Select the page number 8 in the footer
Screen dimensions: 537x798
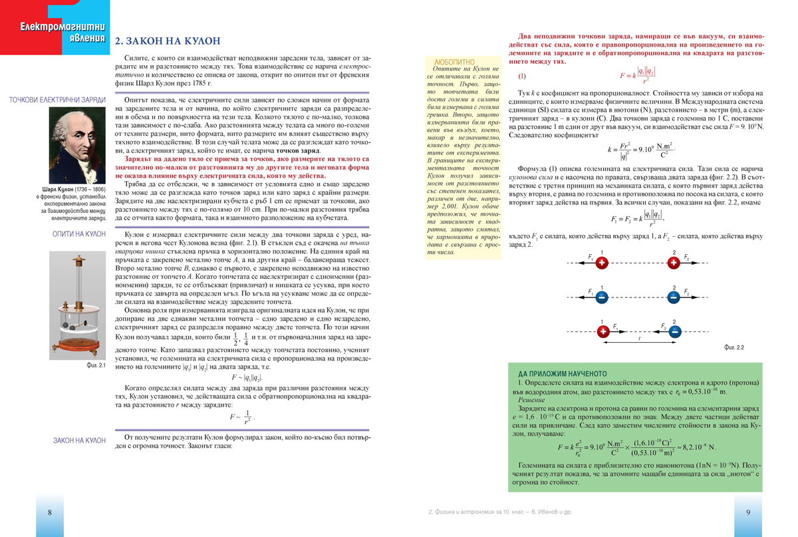pos(50,512)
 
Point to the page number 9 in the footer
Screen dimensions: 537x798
pos(748,512)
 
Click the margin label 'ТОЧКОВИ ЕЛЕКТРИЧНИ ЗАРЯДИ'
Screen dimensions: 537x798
pos(57,100)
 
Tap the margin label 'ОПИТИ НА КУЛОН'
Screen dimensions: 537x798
pos(79,234)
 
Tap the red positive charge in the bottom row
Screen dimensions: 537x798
pos(603,331)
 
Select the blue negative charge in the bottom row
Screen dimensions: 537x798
pos(673,331)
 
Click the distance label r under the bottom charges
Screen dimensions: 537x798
pos(638,339)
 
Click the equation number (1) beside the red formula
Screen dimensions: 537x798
pos(522,76)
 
